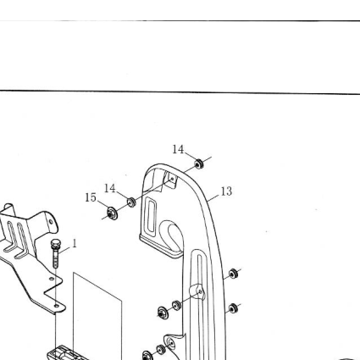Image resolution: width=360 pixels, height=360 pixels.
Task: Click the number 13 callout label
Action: coord(226,191)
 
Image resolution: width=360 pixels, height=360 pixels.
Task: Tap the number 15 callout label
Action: coord(91,197)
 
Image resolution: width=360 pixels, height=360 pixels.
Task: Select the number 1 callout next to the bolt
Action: coord(75,243)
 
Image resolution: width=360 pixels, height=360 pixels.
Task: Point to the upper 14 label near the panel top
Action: coord(178,149)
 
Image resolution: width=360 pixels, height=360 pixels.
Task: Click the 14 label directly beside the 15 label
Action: coord(110,188)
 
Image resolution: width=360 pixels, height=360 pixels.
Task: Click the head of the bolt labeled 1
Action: coord(55,243)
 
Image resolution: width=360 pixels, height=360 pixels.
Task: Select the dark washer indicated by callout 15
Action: coord(113,213)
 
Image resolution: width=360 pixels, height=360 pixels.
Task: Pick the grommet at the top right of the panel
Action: coord(199,163)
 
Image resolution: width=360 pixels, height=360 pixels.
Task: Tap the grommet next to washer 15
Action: coord(131,202)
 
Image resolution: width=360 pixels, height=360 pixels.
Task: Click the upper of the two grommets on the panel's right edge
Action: coord(233,274)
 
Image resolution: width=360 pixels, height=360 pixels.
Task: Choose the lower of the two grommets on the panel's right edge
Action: coord(233,308)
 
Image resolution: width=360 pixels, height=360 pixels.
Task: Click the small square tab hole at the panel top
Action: coord(172,179)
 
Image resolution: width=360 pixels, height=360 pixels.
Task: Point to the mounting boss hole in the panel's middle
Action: coord(200,291)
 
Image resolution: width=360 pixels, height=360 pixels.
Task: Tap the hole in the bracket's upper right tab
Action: coord(51,222)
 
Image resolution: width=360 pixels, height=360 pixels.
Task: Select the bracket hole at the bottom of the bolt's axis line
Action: coord(57,306)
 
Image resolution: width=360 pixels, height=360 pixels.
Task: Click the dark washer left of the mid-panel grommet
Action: coord(163,313)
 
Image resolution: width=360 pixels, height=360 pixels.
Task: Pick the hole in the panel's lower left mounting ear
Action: coord(170,343)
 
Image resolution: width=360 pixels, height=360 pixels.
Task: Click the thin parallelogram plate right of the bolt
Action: coord(97,316)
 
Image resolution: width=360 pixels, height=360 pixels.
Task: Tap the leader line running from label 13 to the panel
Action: coord(213,197)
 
